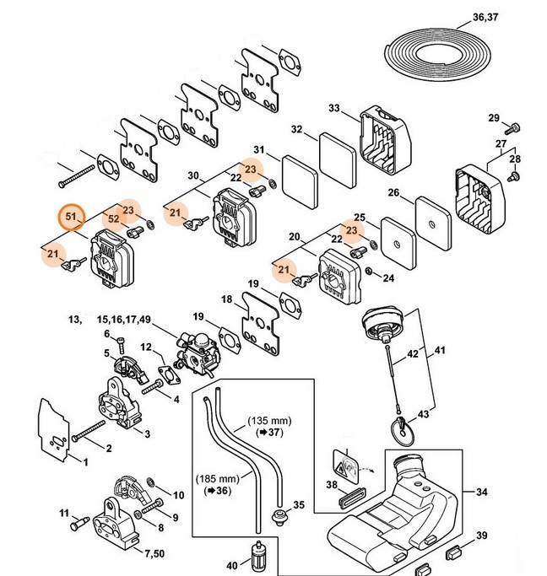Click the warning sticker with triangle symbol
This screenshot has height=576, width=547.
click(344, 461)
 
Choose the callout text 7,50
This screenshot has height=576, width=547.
click(154, 552)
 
